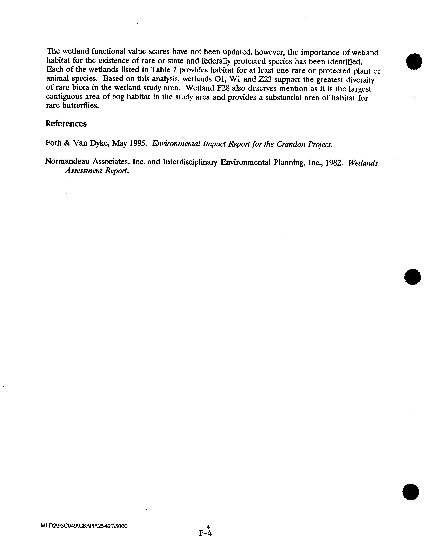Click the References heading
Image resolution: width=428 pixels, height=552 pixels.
tap(66, 124)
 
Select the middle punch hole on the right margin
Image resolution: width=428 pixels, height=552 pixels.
tap(413, 277)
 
